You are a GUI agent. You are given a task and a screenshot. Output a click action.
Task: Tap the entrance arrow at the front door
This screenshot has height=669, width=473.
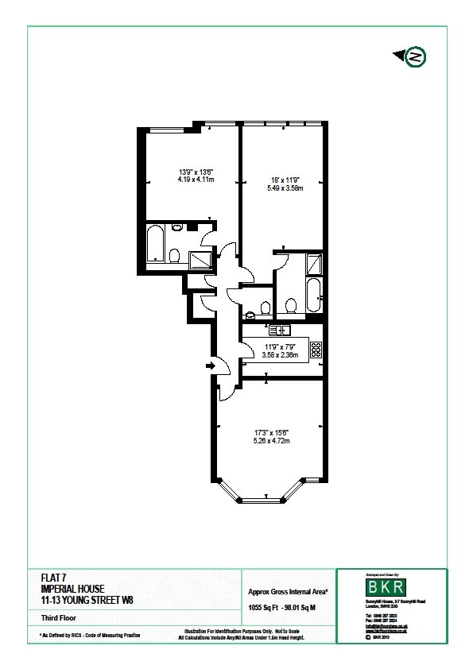pyautogui.click(x=210, y=366)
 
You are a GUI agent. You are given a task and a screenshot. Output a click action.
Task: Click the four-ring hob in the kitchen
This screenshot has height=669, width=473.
pyautogui.click(x=315, y=350)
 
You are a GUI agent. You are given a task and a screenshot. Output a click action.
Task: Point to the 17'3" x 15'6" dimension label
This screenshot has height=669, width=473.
pyautogui.click(x=270, y=431)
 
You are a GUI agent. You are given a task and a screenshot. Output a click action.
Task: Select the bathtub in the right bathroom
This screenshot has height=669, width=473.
pyautogui.click(x=313, y=296)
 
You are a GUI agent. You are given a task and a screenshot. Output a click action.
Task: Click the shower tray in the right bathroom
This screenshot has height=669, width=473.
pyautogui.click(x=316, y=263)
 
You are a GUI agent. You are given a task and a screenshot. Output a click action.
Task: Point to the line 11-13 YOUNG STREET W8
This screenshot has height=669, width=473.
pyautogui.click(x=87, y=600)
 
